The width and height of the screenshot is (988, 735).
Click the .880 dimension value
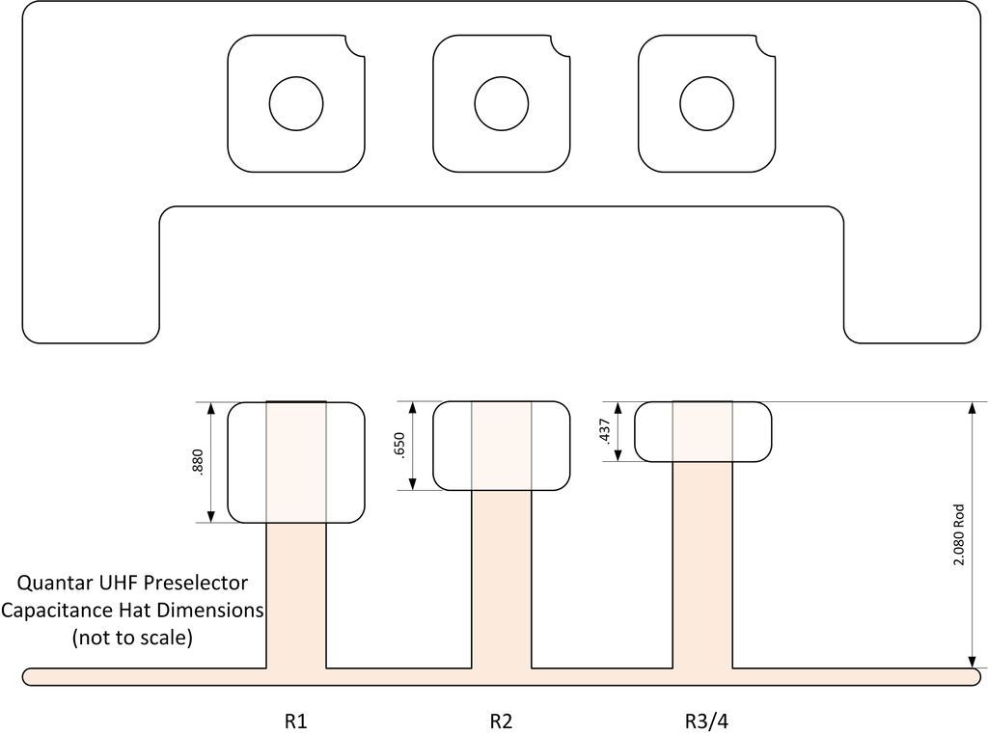click(198, 463)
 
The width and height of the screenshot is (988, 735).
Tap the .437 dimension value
click(605, 432)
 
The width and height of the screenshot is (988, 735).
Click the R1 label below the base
click(295, 721)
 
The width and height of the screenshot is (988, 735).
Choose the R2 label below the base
click(501, 721)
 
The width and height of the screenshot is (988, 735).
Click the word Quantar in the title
click(54, 584)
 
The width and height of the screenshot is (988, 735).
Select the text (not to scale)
click(132, 638)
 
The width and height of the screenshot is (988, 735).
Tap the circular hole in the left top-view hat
click(295, 103)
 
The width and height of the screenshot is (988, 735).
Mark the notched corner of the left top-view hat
click(354, 45)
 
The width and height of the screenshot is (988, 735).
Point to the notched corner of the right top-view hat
click(765, 45)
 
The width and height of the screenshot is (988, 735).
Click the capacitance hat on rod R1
click(247, 462)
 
